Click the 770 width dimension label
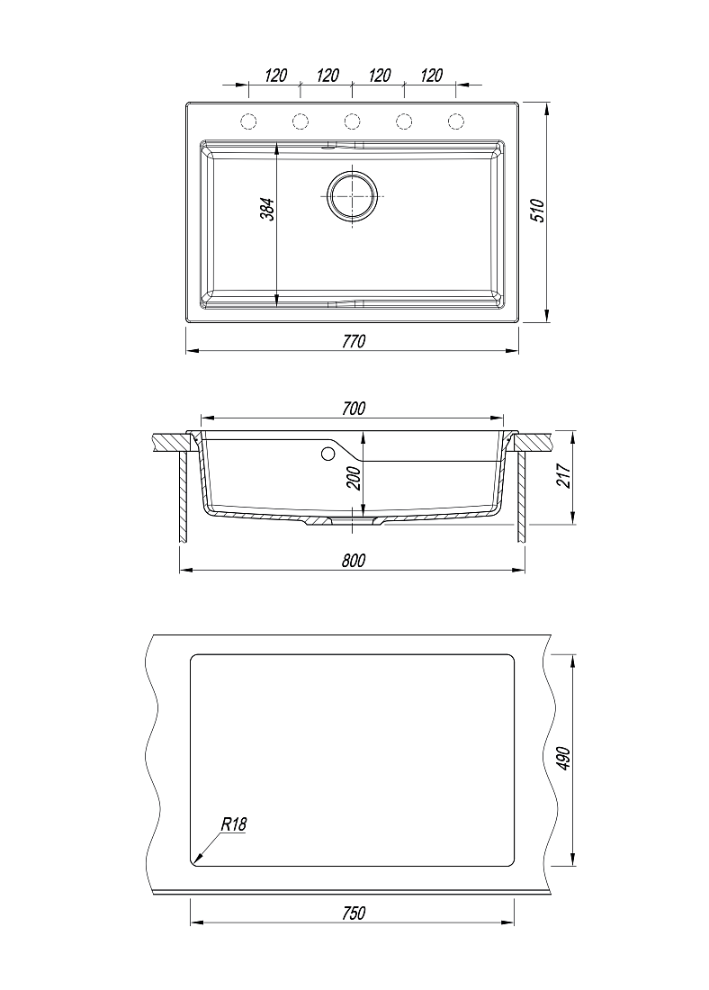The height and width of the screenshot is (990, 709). [354, 342]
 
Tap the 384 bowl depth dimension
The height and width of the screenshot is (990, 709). [268, 210]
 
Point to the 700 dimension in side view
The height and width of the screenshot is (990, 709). [354, 409]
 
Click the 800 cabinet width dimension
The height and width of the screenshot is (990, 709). [354, 561]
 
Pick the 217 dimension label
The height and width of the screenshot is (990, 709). [564, 475]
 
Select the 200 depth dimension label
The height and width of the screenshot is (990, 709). [354, 479]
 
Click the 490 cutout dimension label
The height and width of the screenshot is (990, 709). [564, 759]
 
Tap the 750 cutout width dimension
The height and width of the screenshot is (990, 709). [354, 913]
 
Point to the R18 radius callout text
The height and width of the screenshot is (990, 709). [233, 823]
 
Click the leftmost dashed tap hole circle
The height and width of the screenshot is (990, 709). [248, 121]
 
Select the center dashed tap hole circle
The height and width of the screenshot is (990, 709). [353, 121]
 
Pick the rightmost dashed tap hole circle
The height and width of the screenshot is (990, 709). [456, 121]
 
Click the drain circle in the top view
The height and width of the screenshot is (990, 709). [353, 195]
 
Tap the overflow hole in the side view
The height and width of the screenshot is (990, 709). [328, 454]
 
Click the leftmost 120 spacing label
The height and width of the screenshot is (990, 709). [276, 76]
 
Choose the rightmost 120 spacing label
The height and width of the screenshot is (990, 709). [431, 76]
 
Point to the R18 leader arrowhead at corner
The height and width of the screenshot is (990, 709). [196, 859]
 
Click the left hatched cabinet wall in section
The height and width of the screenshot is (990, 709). [182, 497]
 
